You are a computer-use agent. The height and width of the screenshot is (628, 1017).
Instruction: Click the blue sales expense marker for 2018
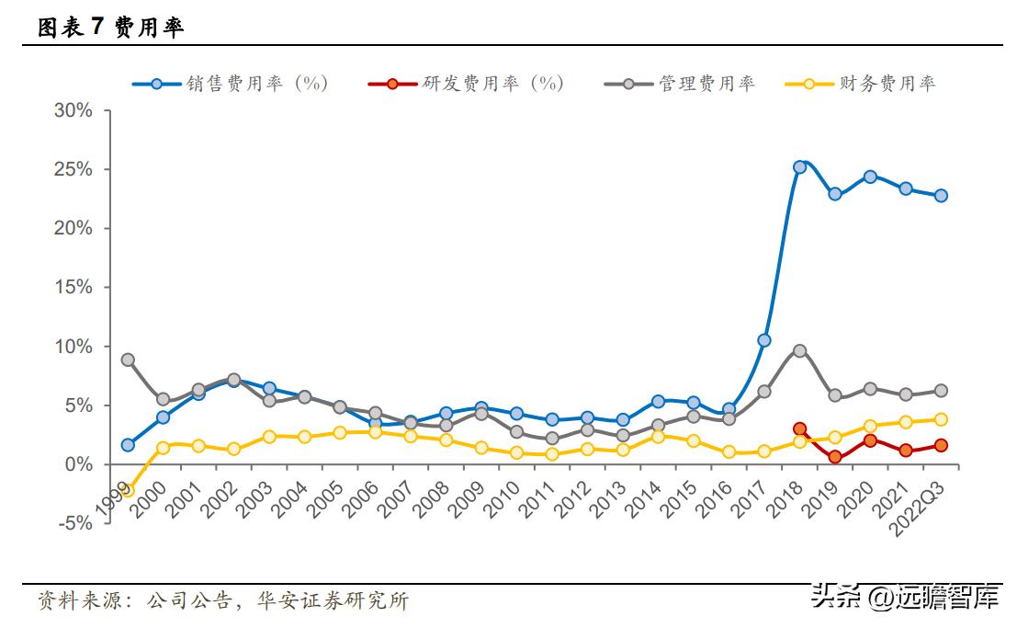click(799, 167)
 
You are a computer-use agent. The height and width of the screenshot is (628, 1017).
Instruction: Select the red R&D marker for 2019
click(834, 457)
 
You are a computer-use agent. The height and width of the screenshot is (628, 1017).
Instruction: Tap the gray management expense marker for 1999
click(128, 360)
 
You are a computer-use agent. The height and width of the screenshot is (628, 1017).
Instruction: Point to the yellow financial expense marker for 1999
click(128, 490)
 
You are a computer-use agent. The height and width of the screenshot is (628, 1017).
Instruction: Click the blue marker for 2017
click(763, 340)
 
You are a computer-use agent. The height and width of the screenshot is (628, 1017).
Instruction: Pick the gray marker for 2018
click(799, 350)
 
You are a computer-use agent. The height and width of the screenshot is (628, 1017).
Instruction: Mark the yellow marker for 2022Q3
click(941, 419)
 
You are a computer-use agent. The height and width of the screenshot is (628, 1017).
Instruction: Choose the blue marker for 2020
click(870, 177)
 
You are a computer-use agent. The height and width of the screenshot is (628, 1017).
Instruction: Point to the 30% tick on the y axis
click(73, 110)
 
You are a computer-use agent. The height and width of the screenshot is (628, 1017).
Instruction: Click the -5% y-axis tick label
click(73, 523)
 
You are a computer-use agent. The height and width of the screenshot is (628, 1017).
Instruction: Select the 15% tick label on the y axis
click(73, 287)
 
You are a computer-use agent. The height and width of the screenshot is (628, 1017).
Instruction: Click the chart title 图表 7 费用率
click(110, 28)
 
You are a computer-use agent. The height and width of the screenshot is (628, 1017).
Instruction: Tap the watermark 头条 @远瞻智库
click(904, 599)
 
